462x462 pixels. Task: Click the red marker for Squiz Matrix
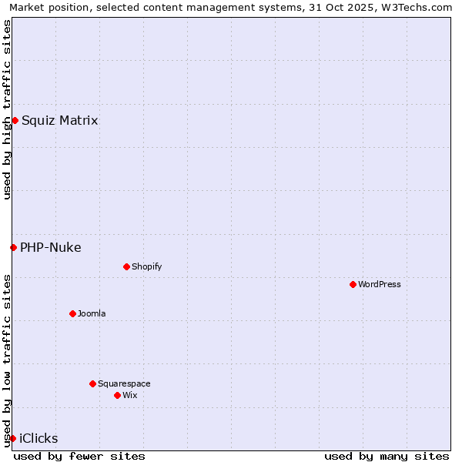click(15, 120)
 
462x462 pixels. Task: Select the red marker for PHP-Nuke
click(13, 247)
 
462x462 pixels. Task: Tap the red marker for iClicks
click(12, 438)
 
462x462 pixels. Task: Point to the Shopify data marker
click(126, 266)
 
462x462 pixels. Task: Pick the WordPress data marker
click(353, 284)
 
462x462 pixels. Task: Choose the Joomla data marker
click(72, 313)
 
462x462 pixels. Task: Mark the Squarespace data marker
click(92, 383)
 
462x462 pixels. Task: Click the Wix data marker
click(117, 395)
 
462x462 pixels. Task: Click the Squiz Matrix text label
click(59, 120)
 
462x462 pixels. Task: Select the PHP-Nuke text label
click(50, 247)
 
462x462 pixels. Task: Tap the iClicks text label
click(38, 438)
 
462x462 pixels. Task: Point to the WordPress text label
click(379, 284)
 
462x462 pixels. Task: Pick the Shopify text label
click(146, 266)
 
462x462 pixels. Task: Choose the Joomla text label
click(92, 313)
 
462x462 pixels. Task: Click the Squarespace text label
click(124, 383)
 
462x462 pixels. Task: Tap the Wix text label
click(130, 395)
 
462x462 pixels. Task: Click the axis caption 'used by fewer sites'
click(79, 456)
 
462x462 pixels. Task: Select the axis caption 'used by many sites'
click(387, 456)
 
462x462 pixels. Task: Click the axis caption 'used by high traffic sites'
click(7, 109)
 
